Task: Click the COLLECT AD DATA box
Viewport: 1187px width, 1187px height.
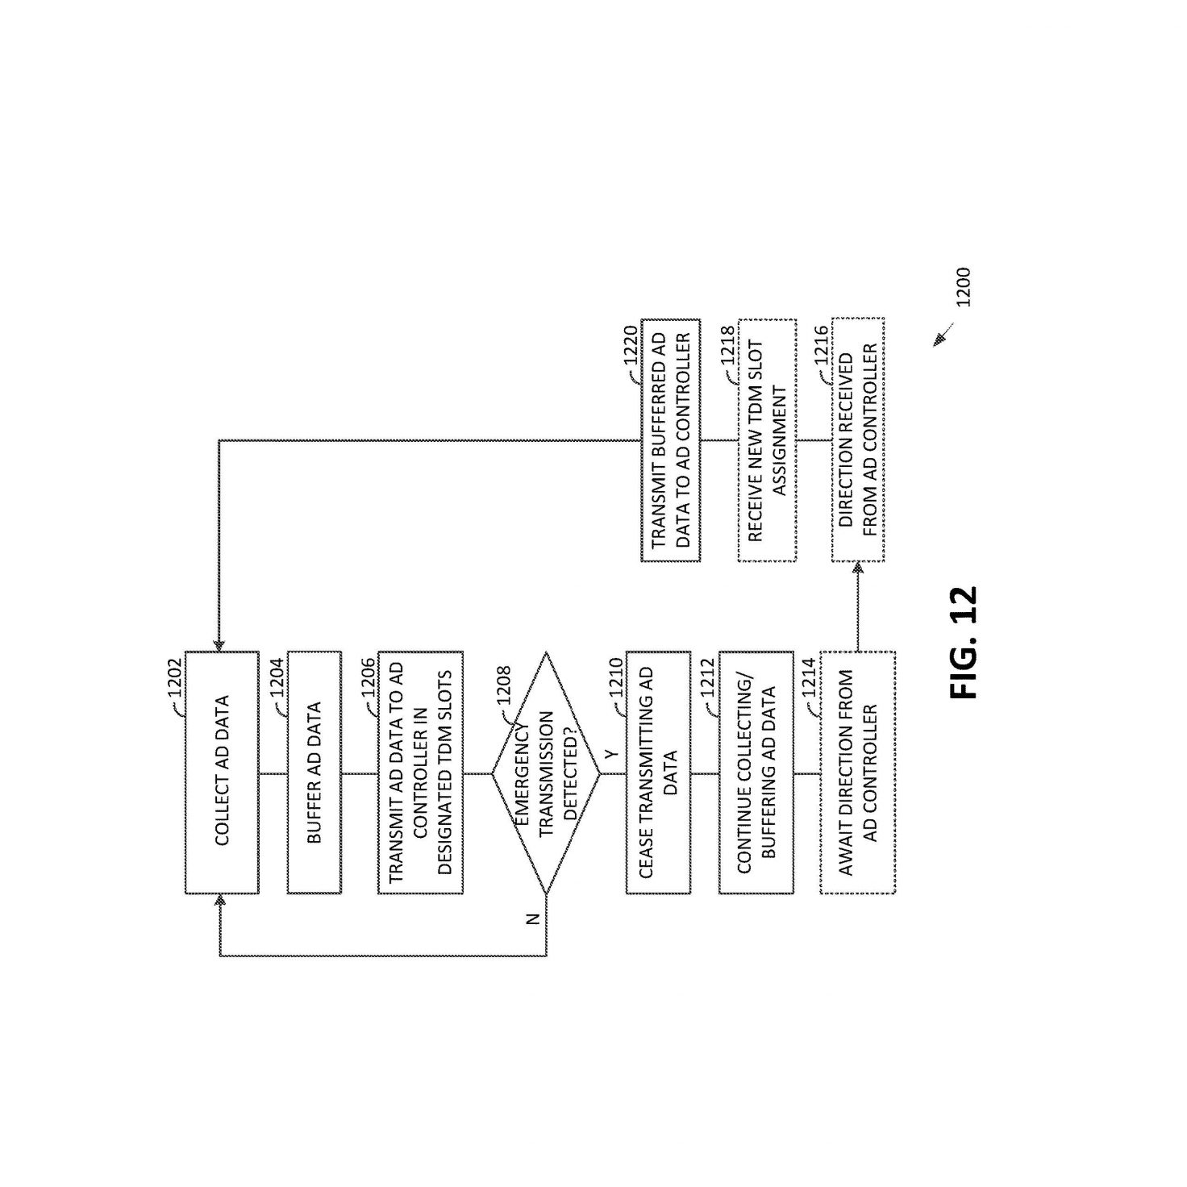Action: point(222,772)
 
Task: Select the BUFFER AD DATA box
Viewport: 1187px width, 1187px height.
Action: point(314,772)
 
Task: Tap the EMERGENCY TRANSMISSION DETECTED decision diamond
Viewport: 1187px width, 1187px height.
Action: point(546,773)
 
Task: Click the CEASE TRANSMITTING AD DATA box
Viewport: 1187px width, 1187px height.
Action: point(658,772)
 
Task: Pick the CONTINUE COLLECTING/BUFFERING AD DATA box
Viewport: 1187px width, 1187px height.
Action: point(756,772)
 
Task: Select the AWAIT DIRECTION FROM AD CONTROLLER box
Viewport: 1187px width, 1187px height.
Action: point(857,772)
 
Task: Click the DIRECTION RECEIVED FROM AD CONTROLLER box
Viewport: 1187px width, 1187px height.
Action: point(858,439)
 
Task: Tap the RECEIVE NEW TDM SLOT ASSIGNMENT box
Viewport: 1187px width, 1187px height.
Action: point(767,439)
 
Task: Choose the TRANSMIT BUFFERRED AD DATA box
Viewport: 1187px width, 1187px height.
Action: point(670,439)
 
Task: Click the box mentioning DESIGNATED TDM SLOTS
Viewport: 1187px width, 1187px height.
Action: point(420,772)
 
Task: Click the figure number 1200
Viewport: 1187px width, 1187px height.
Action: point(963,287)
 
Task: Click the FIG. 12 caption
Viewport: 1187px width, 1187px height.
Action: point(964,643)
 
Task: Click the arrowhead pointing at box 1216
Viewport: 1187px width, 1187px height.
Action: point(857,569)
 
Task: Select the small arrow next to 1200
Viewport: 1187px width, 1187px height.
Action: point(943,335)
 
